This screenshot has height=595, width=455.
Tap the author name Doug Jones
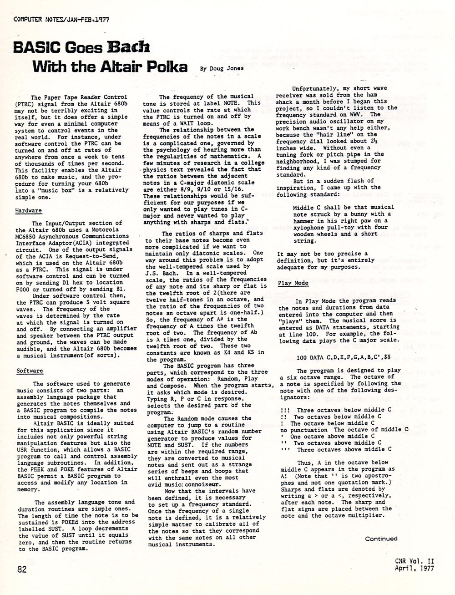(x=227, y=68)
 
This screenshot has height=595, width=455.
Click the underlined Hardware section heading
(x=29, y=211)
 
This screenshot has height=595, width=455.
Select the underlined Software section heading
(x=30, y=371)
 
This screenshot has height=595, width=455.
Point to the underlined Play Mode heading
(x=293, y=283)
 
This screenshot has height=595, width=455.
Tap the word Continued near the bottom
(x=381, y=538)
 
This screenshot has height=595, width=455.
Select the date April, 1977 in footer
(x=414, y=568)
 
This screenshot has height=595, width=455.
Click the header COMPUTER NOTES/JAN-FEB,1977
(x=61, y=19)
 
